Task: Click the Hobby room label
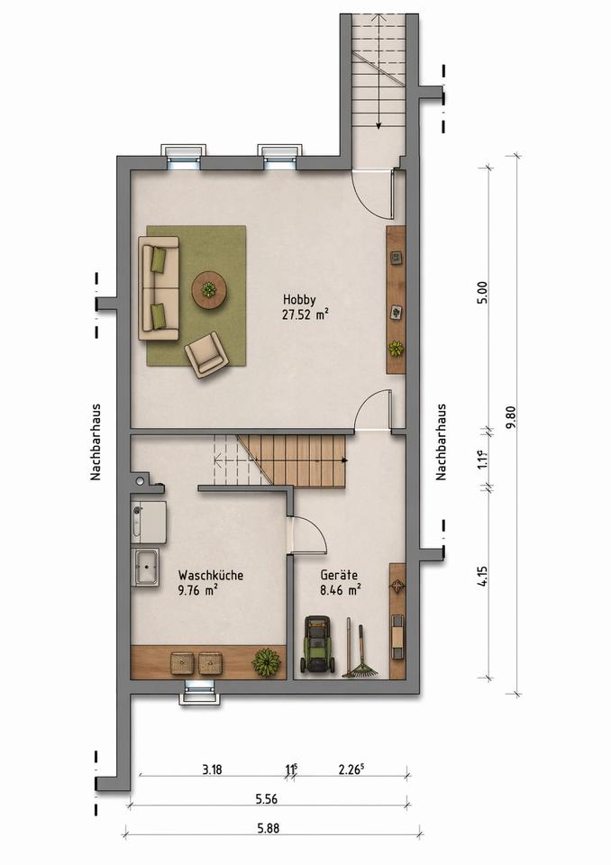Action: coord(299,300)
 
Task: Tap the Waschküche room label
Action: coord(210,576)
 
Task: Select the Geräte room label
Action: coord(339,576)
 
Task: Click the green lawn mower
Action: coord(317,644)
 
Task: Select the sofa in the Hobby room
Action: coord(159,288)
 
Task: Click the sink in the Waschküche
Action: coord(146,567)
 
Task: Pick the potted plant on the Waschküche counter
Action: coord(266,660)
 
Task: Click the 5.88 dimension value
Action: coord(269,828)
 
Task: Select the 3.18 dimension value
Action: coord(212,769)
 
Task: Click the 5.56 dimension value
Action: coord(266,799)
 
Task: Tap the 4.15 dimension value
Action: coord(484,576)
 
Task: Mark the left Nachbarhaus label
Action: coord(96,442)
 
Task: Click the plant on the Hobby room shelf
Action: coord(396,349)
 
